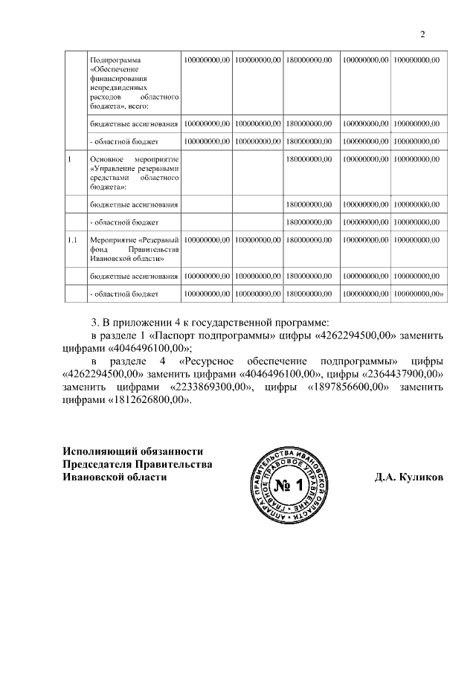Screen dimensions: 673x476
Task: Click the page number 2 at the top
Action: tap(422, 34)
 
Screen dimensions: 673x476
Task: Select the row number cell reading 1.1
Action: tap(72, 240)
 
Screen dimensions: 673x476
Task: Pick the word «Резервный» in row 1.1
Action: tap(159, 240)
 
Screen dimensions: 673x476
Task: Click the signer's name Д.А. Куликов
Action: tap(408, 478)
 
